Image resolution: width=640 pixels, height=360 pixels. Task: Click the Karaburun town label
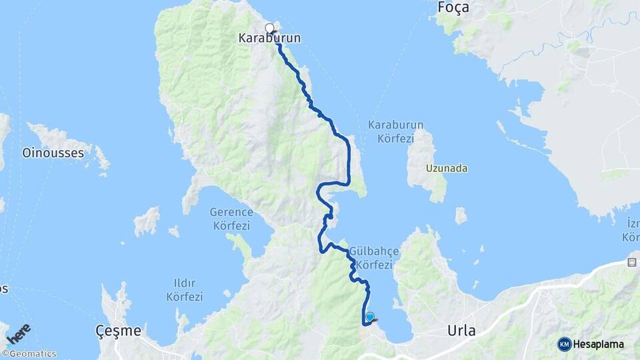pos(269,39)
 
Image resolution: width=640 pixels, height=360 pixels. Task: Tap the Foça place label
pos(453,7)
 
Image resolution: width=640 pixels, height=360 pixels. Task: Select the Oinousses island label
pos(53,153)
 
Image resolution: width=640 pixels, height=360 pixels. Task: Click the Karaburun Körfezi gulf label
pos(395,132)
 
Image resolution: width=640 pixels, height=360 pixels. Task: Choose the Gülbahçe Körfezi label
pos(374,258)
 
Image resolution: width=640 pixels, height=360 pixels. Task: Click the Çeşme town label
pos(118,331)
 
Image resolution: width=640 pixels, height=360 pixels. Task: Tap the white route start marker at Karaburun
pos(269,28)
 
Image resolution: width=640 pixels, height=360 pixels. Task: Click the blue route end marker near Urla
pos(370,317)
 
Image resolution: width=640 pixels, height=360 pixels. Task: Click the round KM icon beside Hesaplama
pos(565,344)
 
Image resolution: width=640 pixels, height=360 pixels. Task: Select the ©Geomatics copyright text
pos(29,354)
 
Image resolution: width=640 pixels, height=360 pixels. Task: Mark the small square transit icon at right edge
pos(631,262)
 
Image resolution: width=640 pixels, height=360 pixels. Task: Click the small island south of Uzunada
pos(461,215)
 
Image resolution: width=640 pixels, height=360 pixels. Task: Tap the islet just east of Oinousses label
pos(101,158)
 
